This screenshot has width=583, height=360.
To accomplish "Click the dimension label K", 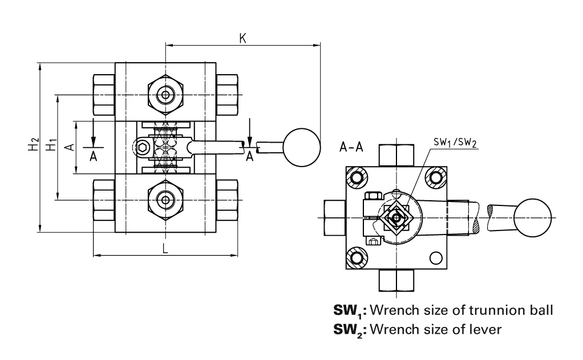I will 242,38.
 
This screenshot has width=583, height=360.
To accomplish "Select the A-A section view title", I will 351,148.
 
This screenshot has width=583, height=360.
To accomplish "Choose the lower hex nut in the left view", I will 165,200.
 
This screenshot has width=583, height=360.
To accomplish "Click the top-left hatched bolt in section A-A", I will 358,177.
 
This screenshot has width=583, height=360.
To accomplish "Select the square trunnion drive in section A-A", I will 395,218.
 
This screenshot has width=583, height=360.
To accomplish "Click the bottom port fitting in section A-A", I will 395,280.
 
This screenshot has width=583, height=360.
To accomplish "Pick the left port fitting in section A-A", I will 334,217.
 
